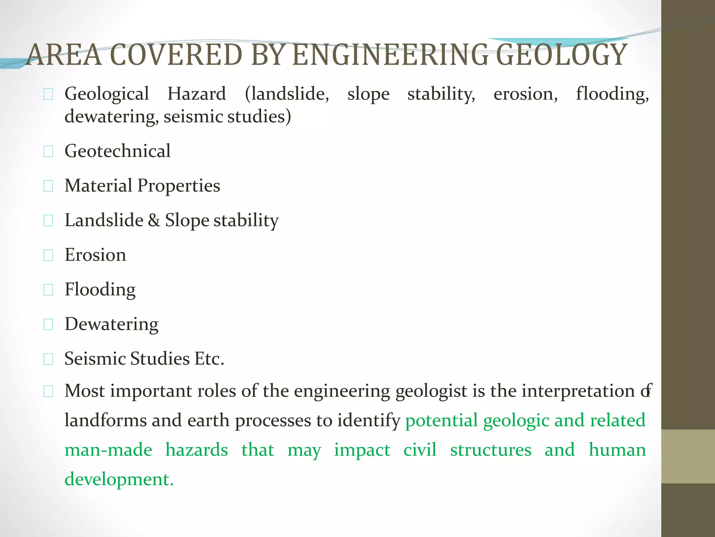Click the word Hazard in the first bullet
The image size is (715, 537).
coord(197,94)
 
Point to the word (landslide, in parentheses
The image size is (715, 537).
coord(287,94)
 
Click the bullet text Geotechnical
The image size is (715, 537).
coord(118,151)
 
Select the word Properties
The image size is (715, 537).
coord(179,186)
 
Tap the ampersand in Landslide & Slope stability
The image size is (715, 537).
coord(154,220)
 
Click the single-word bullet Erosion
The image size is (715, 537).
coord(95,255)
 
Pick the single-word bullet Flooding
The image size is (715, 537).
coord(100,290)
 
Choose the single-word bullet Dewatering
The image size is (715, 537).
coord(111,324)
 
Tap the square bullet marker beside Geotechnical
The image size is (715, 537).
coord(48,152)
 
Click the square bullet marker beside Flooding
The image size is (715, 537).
coord(48,290)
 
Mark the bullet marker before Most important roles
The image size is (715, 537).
coord(48,392)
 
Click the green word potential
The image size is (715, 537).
coord(441,421)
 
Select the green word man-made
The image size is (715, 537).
coord(108,450)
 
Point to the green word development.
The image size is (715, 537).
coord(119,479)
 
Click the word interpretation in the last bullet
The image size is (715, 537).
coord(578,391)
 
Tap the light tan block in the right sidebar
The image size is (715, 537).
coord(688,456)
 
